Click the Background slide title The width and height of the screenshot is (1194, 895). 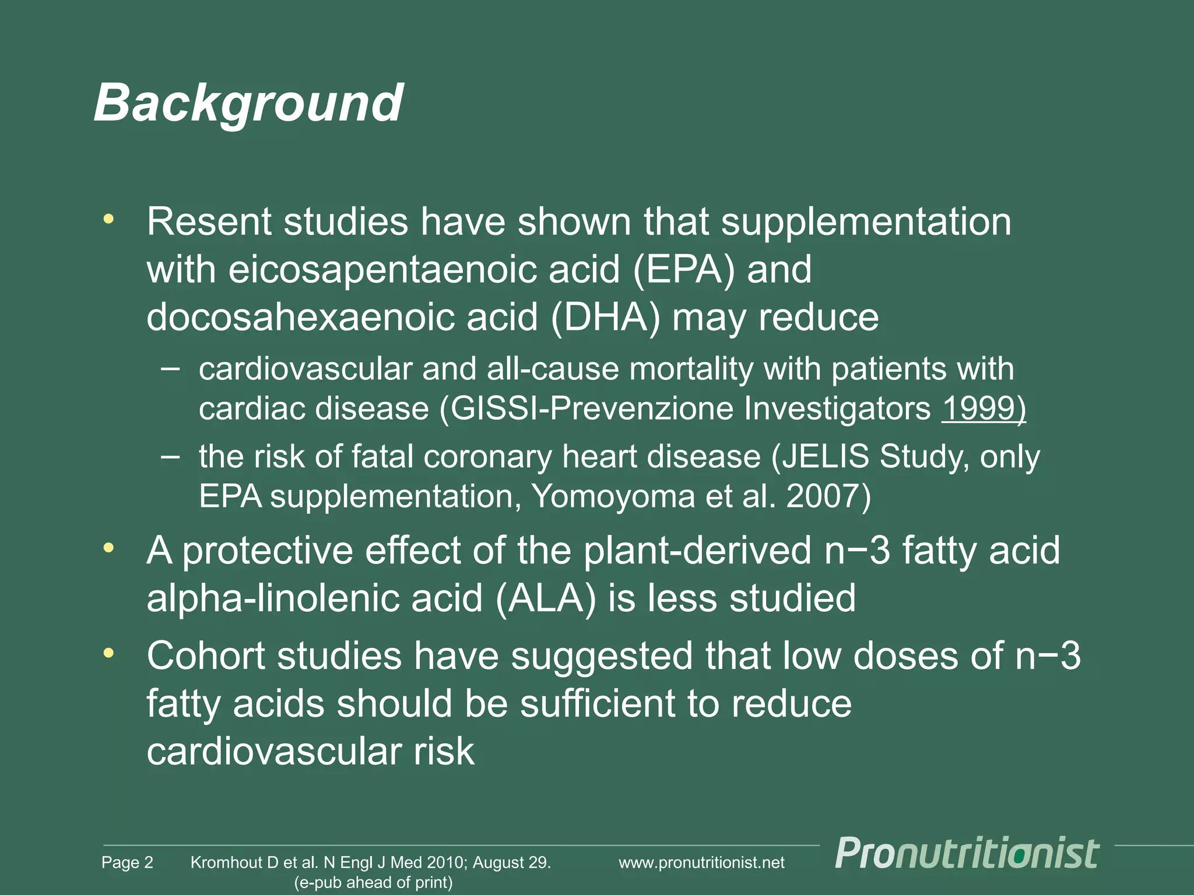pos(248,104)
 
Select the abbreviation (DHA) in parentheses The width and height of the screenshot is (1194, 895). pos(605,318)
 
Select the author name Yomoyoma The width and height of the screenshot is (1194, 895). pos(613,497)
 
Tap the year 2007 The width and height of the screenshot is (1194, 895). pos(822,497)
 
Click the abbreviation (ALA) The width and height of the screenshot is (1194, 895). pos(546,598)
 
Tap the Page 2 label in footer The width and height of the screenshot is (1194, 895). pos(127,862)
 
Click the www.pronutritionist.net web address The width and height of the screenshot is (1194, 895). pos(701,862)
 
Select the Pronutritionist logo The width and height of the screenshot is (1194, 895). pos(967,854)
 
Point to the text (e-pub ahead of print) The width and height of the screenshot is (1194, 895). pos(373,882)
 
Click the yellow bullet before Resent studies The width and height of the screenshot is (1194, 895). pos(108,220)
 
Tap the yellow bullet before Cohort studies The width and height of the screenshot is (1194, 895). pos(108,654)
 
